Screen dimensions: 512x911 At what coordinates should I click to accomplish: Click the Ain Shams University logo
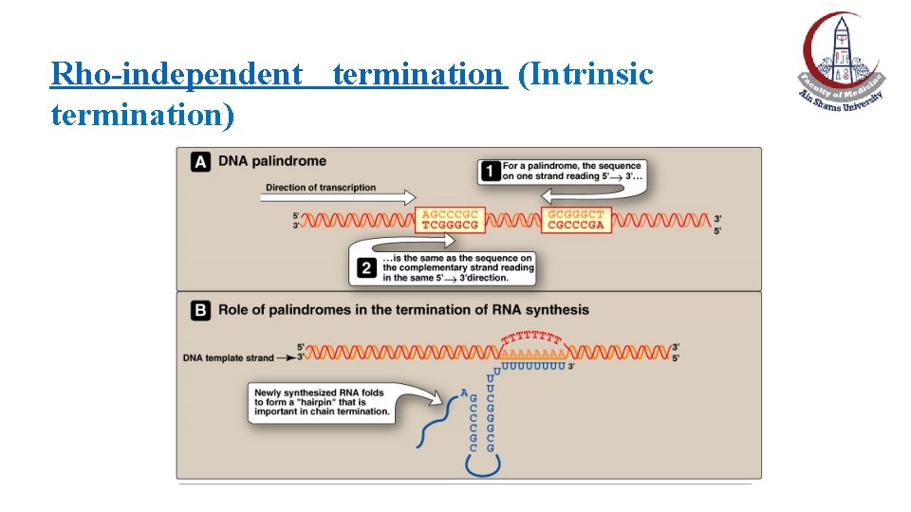(841, 62)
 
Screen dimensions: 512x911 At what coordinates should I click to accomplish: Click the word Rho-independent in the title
(176, 73)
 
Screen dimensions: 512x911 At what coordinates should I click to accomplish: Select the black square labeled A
(201, 161)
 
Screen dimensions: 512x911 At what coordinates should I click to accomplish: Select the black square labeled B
(201, 309)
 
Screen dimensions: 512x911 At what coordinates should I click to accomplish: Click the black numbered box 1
(490, 172)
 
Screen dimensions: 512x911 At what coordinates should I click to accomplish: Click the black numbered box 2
(366, 269)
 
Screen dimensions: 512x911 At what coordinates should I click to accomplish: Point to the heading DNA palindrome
(272, 161)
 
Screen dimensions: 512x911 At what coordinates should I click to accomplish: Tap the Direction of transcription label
(321, 188)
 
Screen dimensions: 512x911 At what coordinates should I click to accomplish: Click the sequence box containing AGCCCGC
(449, 220)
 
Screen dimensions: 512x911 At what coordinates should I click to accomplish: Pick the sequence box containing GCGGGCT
(575, 220)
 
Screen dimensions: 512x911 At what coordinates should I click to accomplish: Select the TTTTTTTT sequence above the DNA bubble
(532, 338)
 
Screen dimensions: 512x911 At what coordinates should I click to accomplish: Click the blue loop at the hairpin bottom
(482, 466)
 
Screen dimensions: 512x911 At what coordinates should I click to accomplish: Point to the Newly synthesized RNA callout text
(322, 402)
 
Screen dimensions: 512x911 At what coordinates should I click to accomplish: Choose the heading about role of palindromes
(403, 309)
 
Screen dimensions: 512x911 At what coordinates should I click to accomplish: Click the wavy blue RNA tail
(437, 422)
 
